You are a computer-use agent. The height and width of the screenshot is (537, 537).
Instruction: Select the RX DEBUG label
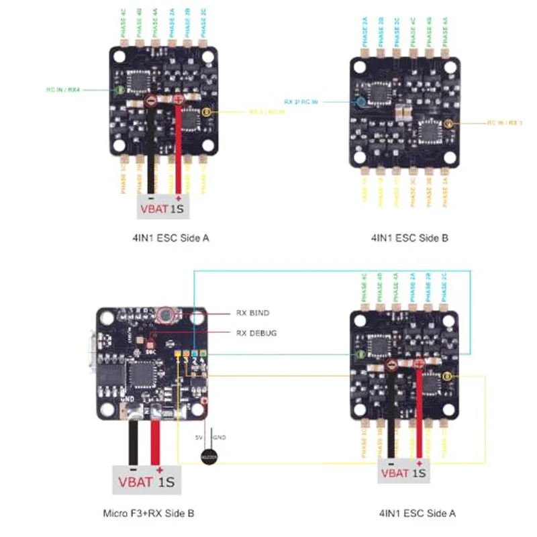point(257,332)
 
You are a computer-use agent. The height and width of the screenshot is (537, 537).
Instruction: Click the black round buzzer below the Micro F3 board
point(210,457)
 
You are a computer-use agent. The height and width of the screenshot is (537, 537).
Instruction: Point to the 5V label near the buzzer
point(199,437)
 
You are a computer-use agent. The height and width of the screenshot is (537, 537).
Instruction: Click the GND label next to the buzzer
point(219,437)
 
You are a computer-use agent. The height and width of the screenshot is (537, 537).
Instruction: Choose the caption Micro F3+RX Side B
point(148,514)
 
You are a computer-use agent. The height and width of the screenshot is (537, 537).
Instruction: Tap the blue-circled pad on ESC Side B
point(361,102)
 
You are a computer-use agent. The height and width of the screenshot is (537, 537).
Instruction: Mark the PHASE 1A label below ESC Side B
point(445,190)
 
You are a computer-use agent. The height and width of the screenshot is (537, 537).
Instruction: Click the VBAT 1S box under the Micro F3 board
point(146,481)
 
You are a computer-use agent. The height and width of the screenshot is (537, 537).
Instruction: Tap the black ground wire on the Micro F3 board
point(134,443)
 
